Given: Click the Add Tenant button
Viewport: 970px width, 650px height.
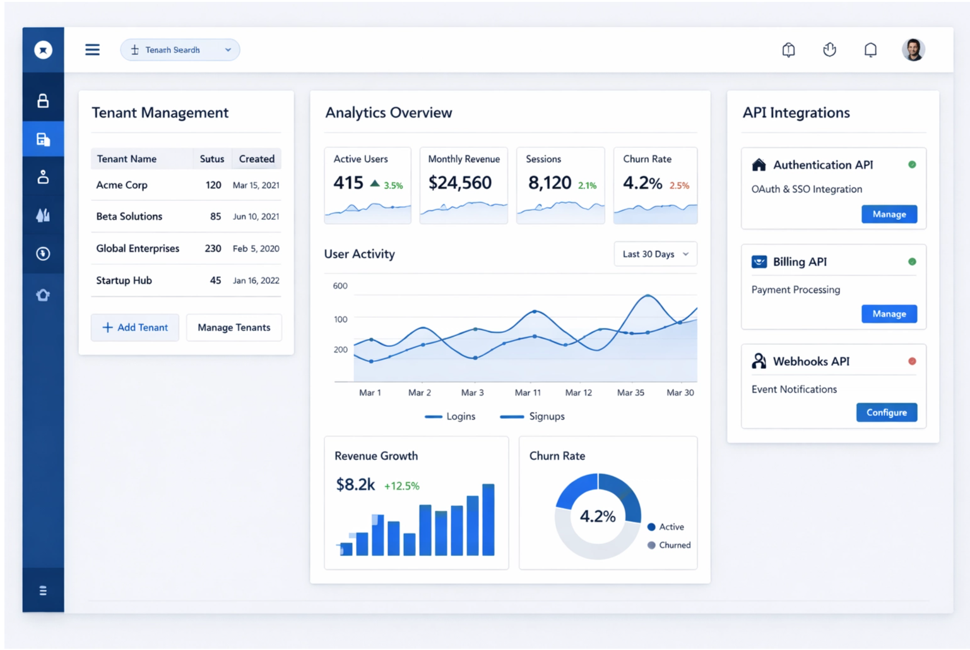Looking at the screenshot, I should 135,327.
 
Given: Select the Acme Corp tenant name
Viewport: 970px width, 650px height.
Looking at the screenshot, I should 122,185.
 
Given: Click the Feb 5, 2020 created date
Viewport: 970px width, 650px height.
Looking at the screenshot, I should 256,248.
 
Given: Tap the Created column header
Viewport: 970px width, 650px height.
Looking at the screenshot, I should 256,159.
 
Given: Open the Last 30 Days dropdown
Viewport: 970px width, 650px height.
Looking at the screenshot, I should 655,254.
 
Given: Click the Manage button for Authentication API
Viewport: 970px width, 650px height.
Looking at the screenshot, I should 889,214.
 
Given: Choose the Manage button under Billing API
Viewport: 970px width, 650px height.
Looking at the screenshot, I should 889,314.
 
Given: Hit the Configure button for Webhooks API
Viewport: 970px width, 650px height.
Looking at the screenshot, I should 886,412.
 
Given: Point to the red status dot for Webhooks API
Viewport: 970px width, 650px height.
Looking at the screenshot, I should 912,361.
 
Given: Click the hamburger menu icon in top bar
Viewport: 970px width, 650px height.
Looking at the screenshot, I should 92,49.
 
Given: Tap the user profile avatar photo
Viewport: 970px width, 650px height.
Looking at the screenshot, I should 913,49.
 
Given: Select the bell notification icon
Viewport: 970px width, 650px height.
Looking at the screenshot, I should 870,49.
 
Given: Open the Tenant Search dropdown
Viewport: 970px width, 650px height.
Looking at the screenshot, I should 180,50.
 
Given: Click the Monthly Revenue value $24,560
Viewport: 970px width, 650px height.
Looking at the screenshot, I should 459,183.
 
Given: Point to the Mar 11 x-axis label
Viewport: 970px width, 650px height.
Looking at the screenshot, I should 528,392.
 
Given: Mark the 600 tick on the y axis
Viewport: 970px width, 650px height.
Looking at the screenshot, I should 340,286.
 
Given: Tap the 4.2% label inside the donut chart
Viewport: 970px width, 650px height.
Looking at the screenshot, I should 597,516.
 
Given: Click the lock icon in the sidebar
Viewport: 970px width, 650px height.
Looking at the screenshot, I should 43,100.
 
